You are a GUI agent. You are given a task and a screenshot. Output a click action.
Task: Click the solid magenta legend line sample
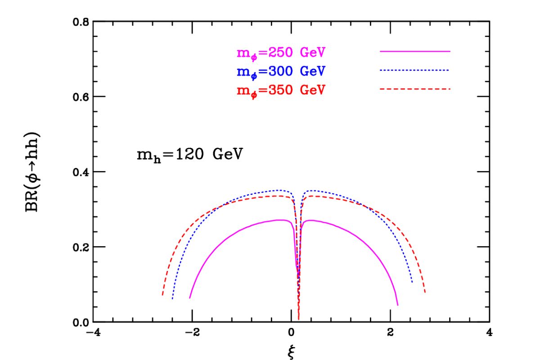click(415, 52)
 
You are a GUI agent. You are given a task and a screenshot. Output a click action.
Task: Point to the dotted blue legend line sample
click(415, 70)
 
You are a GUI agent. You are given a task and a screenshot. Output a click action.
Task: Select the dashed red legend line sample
click(415, 89)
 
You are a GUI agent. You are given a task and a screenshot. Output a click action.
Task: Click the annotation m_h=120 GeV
click(190, 156)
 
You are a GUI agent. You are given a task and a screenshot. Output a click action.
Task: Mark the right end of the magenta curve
click(398, 305)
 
